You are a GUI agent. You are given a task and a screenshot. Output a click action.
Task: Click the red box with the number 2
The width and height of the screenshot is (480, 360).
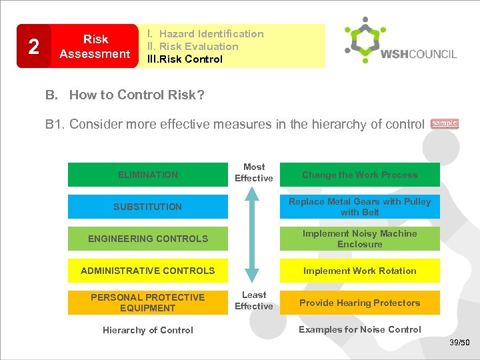(x=33, y=46)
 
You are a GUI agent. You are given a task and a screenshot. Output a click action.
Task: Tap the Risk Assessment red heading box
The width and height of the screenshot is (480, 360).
(x=95, y=46)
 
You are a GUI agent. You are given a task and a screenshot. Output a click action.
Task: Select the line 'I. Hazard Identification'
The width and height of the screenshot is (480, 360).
(x=205, y=34)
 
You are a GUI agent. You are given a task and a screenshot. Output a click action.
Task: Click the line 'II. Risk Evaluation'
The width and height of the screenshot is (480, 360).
(x=193, y=47)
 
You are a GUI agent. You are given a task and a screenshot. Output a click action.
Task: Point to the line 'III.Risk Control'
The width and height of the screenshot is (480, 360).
(x=185, y=59)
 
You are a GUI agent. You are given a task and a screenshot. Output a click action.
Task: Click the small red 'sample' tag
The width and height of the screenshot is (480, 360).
(x=445, y=123)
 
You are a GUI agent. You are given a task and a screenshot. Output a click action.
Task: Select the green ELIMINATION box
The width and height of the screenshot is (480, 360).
(x=148, y=175)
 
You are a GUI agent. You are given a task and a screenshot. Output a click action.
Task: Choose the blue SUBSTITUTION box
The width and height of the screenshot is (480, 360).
(x=148, y=207)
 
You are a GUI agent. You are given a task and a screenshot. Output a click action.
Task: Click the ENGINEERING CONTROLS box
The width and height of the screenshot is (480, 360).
(x=148, y=239)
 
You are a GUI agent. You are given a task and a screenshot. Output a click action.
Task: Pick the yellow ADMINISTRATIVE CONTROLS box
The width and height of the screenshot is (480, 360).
(x=148, y=271)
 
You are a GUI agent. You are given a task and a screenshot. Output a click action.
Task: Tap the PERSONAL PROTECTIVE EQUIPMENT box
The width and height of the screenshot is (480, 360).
(x=148, y=303)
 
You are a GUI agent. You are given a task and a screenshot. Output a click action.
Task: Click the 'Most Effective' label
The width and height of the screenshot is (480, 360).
(x=254, y=173)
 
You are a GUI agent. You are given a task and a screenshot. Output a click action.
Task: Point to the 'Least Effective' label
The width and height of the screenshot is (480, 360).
(x=254, y=301)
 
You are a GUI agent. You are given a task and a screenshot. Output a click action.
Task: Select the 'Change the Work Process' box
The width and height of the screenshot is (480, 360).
(x=360, y=175)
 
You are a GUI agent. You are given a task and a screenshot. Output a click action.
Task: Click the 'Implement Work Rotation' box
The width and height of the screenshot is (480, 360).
(x=360, y=271)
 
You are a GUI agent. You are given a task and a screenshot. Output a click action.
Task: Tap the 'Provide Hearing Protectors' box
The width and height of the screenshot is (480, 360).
(x=360, y=303)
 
